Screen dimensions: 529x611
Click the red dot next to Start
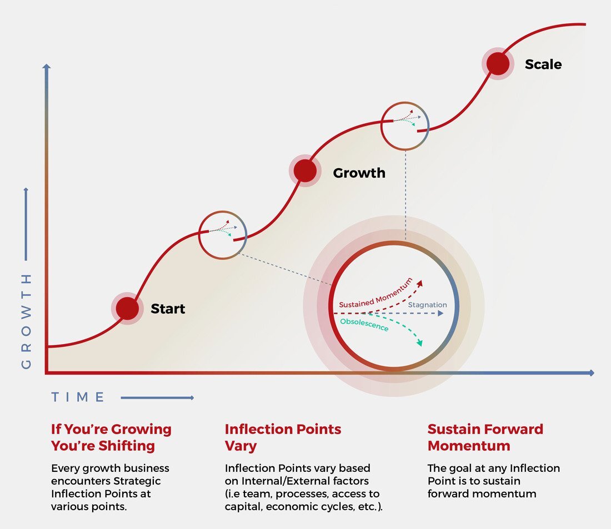coord(127,309)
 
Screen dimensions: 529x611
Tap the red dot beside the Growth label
coord(305,171)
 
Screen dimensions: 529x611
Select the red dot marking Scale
coord(498,64)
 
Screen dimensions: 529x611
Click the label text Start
coord(168,309)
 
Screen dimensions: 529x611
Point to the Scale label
coord(543,64)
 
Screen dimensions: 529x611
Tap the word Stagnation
coord(427,305)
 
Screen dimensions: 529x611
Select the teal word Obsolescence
coord(364,325)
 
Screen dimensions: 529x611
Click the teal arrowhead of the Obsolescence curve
coord(419,344)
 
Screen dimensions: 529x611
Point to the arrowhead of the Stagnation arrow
coord(441,314)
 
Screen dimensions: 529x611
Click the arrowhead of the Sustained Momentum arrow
coord(419,283)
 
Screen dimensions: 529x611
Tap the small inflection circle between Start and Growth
coord(222,235)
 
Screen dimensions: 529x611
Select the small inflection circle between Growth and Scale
coord(405,126)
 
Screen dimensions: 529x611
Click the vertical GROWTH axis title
coord(26,321)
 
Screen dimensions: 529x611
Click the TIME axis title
coord(78,397)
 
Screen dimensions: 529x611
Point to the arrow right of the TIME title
coord(157,397)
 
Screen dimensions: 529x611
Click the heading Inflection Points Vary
coord(283,437)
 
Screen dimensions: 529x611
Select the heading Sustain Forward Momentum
coord(485,437)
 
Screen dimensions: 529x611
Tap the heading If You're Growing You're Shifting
coord(111,437)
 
